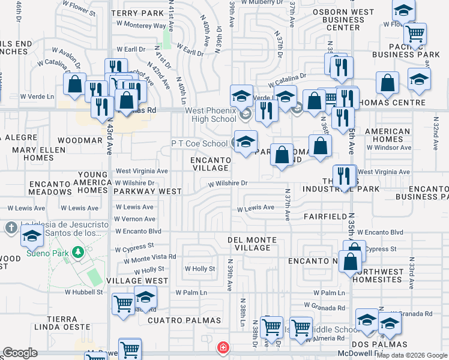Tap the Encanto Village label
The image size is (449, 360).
211,164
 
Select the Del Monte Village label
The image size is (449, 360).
252,244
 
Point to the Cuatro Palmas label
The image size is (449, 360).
177,321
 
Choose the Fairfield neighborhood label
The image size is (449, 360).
325,216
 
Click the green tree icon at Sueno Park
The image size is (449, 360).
77,251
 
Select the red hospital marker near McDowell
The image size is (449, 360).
223,348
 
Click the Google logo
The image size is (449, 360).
20,353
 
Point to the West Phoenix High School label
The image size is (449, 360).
202,115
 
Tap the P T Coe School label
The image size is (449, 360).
199,144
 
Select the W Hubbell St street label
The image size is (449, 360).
84,292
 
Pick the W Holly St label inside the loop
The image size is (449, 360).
199,269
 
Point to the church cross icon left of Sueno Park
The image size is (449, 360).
11,228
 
